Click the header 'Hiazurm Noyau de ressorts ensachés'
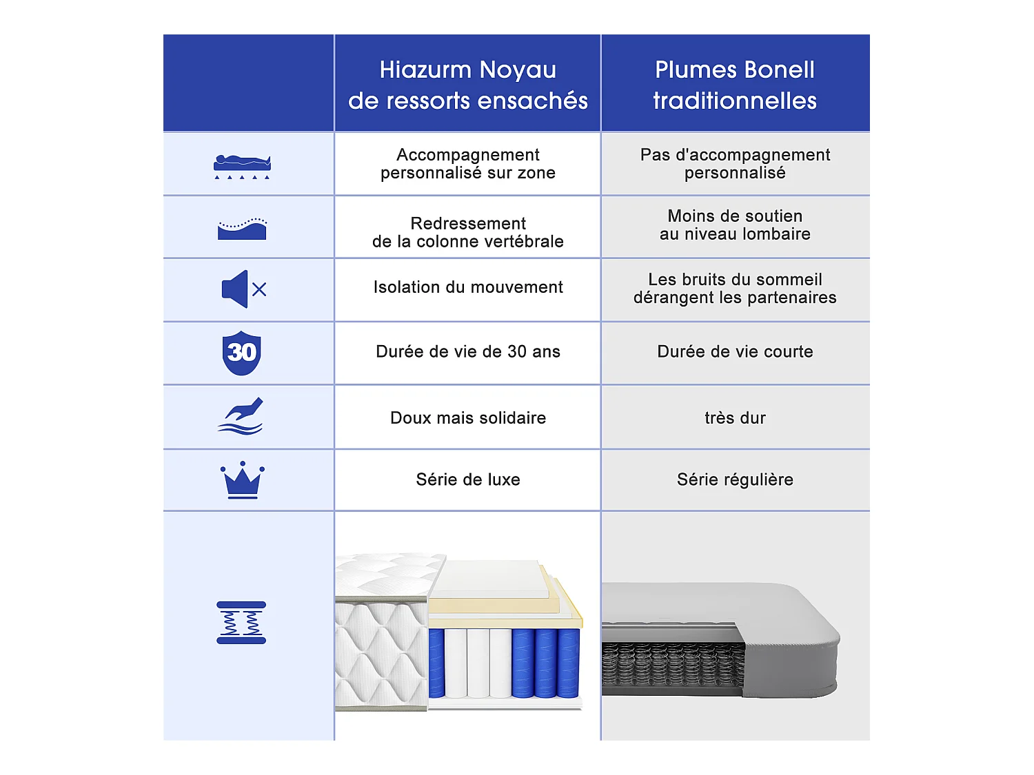(467, 85)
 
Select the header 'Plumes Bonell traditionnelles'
(735, 85)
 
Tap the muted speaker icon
(243, 289)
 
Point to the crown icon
(242, 479)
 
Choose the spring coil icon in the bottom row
(241, 623)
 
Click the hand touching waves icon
(241, 416)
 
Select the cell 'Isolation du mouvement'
(468, 287)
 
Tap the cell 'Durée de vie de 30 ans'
(468, 352)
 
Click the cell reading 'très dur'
(735, 418)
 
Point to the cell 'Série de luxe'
(468, 480)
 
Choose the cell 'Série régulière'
(735, 480)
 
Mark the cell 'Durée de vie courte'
(735, 352)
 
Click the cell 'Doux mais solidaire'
(468, 418)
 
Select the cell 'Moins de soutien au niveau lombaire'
(735, 225)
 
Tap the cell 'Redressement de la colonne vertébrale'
(468, 233)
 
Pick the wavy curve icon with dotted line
(242, 229)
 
